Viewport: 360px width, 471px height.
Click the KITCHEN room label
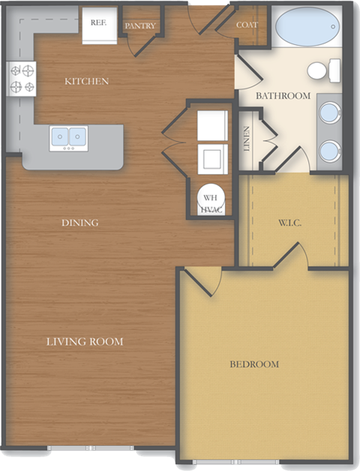tap(86, 81)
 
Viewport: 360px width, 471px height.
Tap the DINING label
tap(81, 223)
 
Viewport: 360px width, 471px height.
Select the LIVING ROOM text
tap(85, 342)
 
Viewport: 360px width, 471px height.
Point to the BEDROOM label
tap(253, 364)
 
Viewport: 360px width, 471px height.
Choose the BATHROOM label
tap(283, 96)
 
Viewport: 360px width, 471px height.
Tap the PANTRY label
tap(140, 26)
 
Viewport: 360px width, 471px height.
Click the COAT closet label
tap(247, 25)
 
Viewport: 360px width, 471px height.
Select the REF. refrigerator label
tap(98, 22)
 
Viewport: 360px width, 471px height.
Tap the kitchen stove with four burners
tap(22, 79)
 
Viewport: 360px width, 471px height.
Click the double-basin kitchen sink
tap(68, 137)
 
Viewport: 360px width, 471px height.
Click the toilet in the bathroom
tap(320, 71)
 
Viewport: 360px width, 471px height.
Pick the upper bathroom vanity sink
tap(330, 113)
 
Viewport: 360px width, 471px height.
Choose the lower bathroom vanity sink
tap(330, 152)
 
